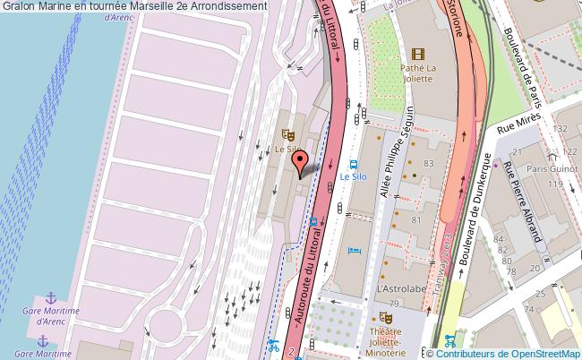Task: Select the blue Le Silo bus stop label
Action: point(353,177)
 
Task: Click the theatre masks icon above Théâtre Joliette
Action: point(387,317)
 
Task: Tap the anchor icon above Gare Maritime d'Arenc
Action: point(51,296)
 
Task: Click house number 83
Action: point(428,163)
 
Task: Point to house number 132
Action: point(561,129)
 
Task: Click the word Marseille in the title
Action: point(153,6)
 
